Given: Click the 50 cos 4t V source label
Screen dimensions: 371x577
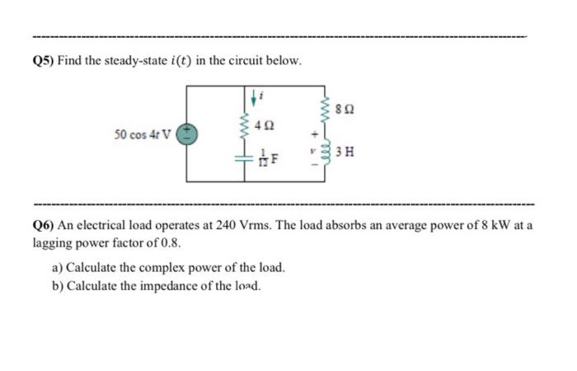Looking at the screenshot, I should [143, 135].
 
